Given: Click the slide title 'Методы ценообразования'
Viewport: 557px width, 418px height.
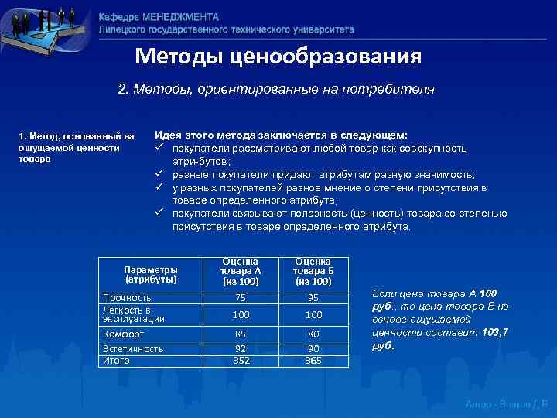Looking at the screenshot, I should pos(278,57).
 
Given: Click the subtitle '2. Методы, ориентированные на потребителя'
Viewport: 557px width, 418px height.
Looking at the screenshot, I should pos(276,90).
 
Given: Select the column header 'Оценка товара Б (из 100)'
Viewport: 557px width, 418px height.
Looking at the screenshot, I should pos(314,272).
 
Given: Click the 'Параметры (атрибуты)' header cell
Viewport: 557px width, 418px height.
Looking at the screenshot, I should pos(151,275).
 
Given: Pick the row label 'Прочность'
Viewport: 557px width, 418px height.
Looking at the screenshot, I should pos(128,298).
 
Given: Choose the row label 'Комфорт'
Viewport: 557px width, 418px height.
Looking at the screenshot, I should pos(124,334).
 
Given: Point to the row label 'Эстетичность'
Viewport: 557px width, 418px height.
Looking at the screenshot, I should pos(133,349).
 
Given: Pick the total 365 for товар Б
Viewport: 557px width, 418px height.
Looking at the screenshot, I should pos(314,359).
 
